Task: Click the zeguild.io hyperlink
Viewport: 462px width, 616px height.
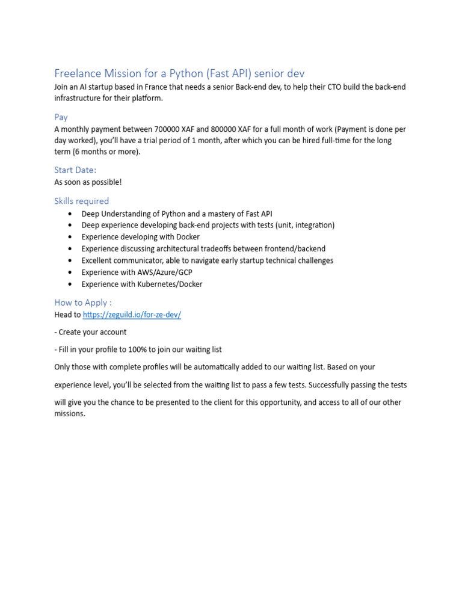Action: (132, 315)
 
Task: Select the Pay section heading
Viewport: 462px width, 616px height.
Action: (61, 117)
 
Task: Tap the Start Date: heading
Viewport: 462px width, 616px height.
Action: (75, 170)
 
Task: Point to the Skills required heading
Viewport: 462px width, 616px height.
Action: (82, 201)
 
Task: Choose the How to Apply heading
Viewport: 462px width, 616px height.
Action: (83, 303)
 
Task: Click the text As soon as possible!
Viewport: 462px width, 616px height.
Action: (88, 182)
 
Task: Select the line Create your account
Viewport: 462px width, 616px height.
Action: (93, 332)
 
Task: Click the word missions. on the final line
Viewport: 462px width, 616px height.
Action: (70, 414)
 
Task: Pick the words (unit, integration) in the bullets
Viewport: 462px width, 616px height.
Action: (305, 225)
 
